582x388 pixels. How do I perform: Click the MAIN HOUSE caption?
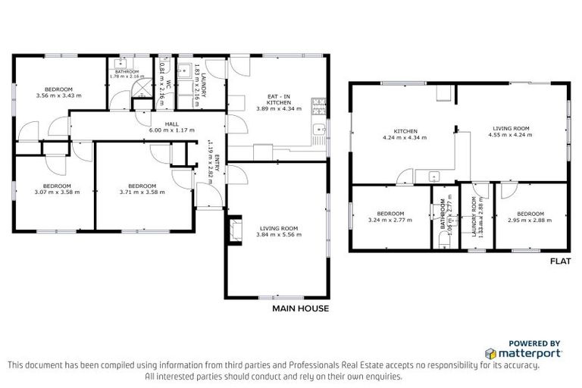(300, 308)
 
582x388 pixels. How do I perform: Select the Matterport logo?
(524, 352)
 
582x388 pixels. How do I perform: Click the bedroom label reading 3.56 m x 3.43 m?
(58, 92)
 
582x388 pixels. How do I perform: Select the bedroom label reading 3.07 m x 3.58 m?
(57, 189)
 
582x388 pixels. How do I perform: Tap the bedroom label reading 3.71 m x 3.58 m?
(142, 189)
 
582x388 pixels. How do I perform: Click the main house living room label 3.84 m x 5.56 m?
(278, 231)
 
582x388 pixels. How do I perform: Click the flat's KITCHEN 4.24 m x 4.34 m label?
(405, 134)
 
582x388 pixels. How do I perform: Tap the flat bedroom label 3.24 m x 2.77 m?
(390, 217)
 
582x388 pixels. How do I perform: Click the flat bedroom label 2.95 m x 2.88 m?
(529, 217)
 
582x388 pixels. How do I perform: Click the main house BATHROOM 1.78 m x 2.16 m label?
(126, 74)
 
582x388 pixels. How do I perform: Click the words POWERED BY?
(533, 343)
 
